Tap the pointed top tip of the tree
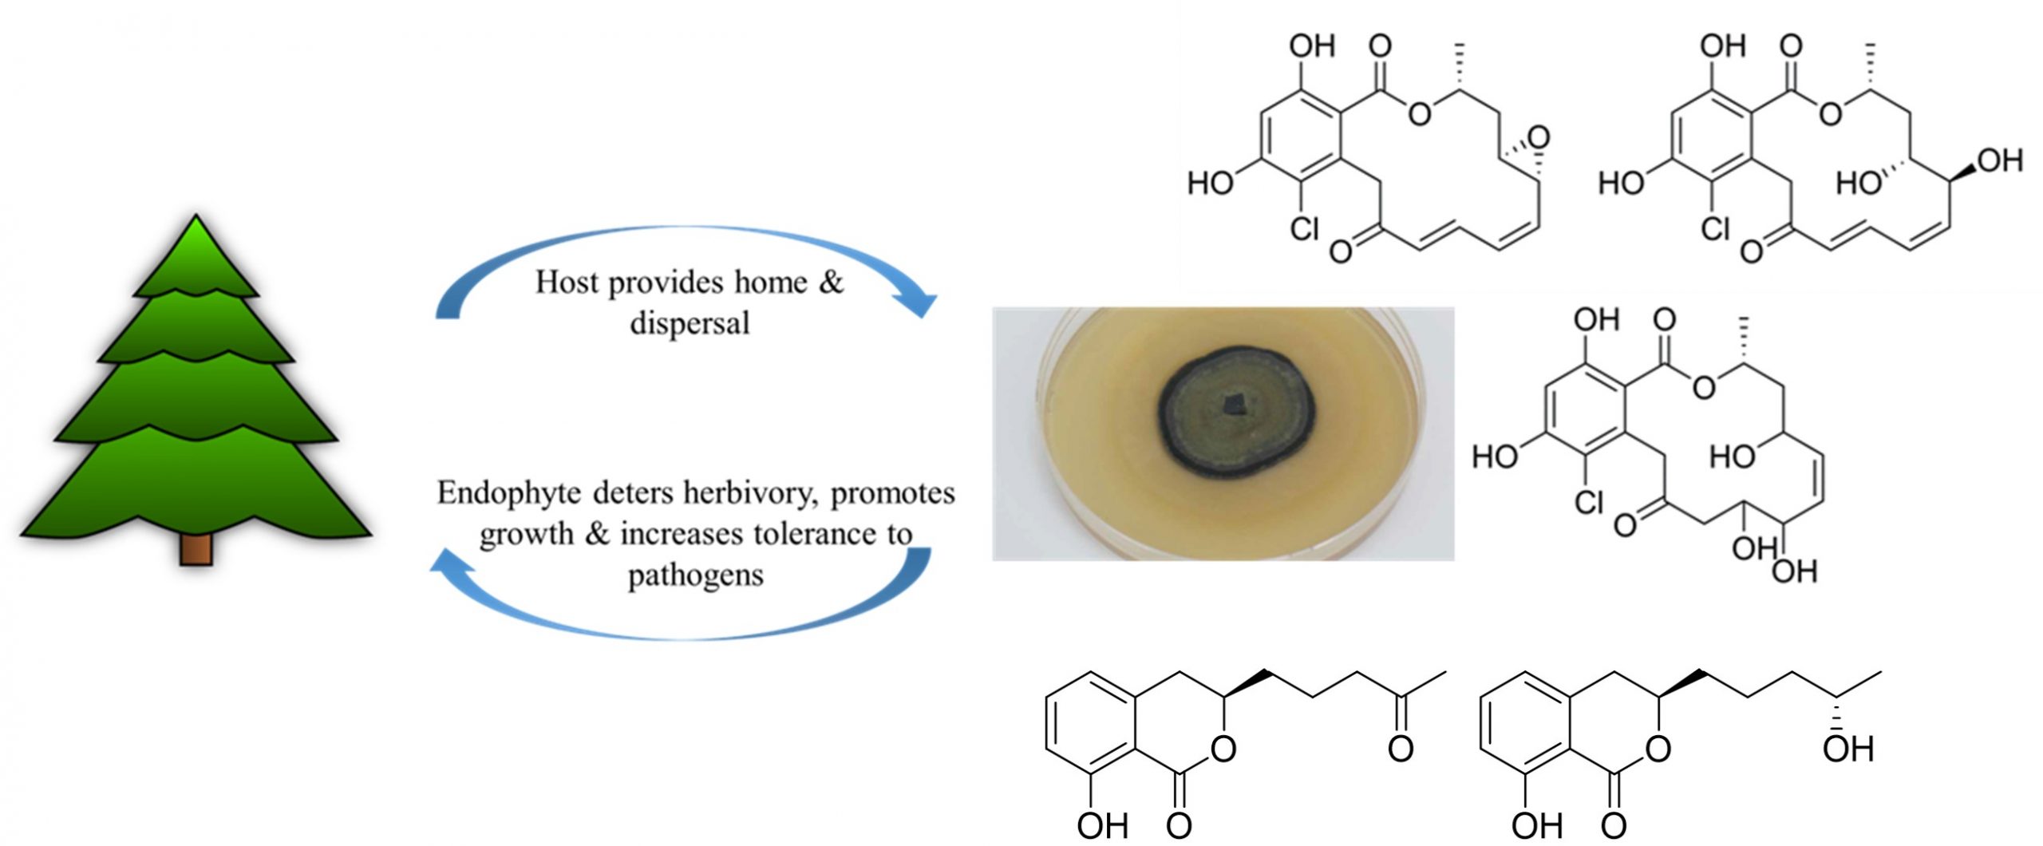(x=196, y=219)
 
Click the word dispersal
(x=690, y=323)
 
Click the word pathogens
(x=695, y=575)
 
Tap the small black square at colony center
(x=1234, y=405)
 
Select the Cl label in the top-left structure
(x=1305, y=229)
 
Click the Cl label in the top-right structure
(x=1715, y=229)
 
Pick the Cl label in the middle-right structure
(x=1589, y=502)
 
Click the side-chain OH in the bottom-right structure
(x=1848, y=749)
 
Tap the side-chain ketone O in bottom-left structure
(x=1400, y=749)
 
